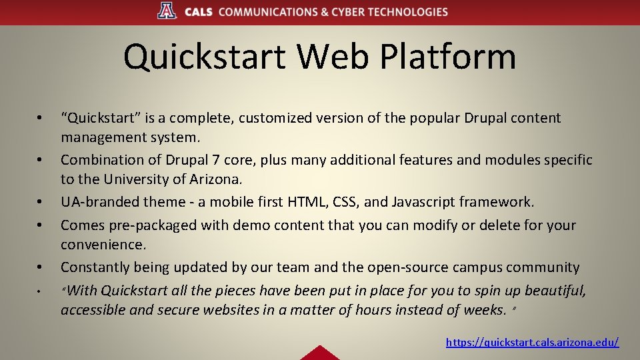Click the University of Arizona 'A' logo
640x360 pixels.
pos(167,11)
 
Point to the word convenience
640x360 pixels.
pos(103,245)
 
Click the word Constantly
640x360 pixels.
pos(94,267)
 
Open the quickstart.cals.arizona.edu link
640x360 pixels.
pos(532,342)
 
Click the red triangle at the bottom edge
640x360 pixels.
pos(319,353)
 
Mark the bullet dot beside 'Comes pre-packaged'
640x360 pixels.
pos(41,226)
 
